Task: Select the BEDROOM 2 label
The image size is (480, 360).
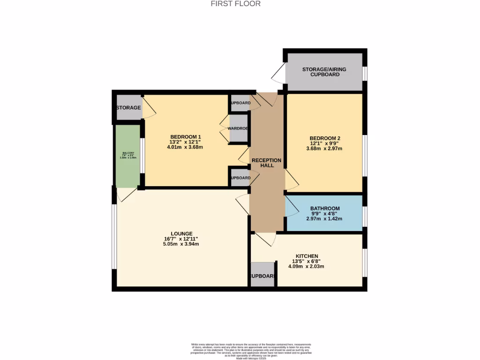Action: (x=324, y=138)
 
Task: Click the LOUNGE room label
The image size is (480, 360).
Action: (x=181, y=233)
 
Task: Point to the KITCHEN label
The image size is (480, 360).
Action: (x=307, y=256)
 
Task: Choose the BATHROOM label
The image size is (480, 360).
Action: (x=324, y=208)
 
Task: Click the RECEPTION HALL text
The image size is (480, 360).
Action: (x=267, y=163)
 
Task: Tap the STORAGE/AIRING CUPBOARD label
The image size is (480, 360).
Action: (x=324, y=72)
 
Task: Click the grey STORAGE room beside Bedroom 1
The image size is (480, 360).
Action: (x=128, y=108)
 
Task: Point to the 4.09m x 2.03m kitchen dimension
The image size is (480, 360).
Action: (x=306, y=266)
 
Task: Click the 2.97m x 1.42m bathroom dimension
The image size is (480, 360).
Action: (x=324, y=218)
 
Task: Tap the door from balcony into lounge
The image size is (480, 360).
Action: (x=126, y=194)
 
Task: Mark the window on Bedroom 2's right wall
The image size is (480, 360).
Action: (x=365, y=156)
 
